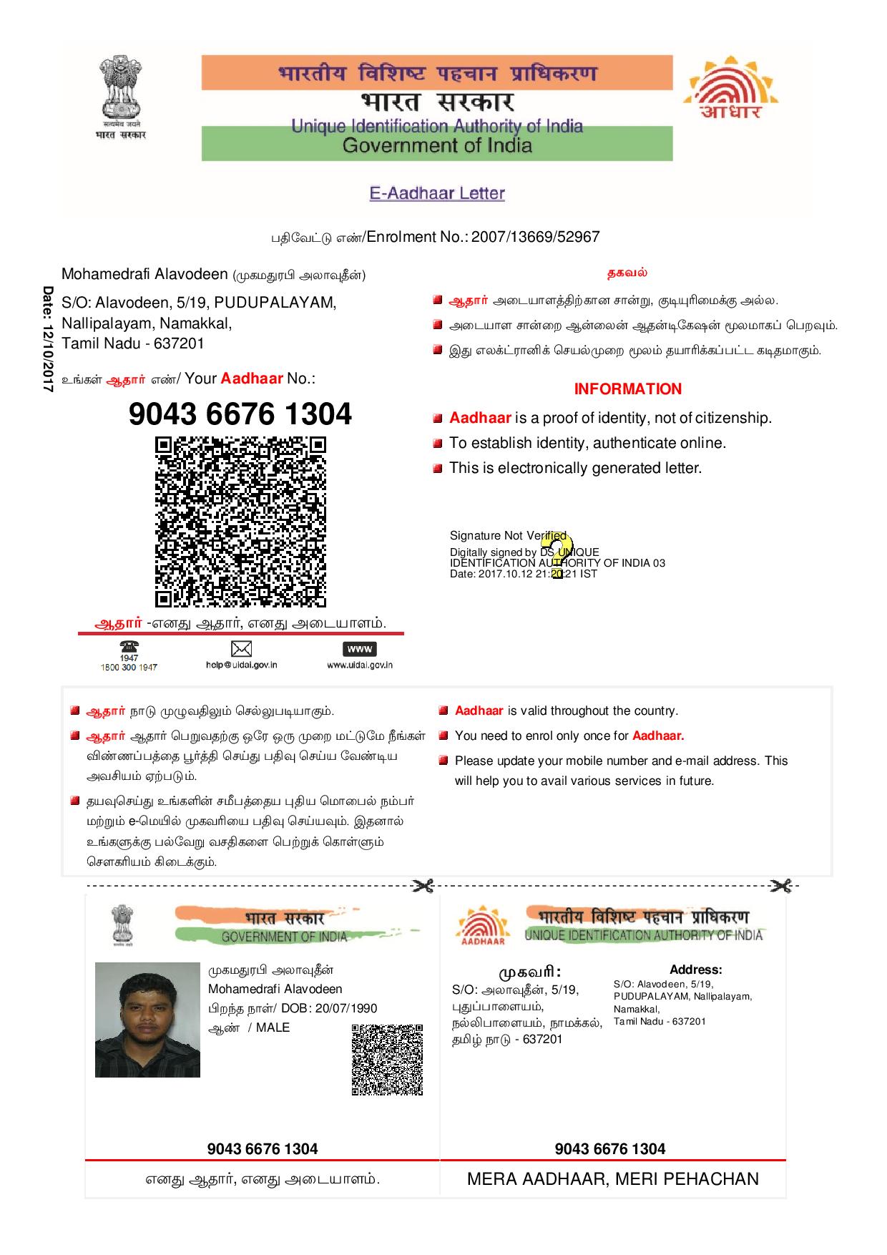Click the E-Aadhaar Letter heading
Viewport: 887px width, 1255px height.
(x=437, y=193)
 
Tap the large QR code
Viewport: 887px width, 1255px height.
(x=240, y=522)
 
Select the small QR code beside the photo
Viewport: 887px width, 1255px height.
(x=387, y=1060)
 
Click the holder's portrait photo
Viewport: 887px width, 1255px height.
(x=147, y=1020)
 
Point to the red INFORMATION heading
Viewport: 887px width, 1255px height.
(x=627, y=389)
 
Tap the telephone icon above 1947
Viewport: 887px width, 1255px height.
(x=129, y=646)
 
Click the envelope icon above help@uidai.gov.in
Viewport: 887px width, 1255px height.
(x=241, y=649)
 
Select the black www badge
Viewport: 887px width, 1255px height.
(x=360, y=649)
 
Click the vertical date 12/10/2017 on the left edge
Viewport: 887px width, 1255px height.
(x=48, y=338)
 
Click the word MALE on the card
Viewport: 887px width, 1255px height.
(x=273, y=1027)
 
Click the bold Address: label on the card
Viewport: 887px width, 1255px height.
(x=695, y=970)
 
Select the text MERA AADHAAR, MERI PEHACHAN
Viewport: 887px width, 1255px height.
(x=612, y=1178)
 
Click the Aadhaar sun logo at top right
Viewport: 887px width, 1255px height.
(x=730, y=89)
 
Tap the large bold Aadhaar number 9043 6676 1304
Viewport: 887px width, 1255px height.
(x=240, y=414)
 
